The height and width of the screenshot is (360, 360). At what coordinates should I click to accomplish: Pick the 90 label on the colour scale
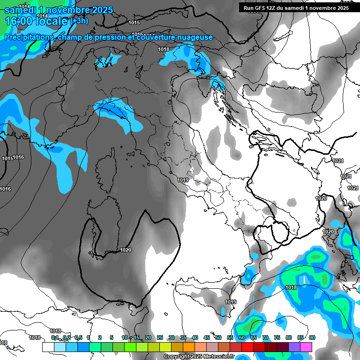point(312,337)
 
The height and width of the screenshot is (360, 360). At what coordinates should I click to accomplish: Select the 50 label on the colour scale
point(218,337)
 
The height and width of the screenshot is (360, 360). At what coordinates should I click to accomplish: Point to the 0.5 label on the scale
point(78,337)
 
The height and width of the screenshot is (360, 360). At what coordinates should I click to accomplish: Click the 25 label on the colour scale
point(160,337)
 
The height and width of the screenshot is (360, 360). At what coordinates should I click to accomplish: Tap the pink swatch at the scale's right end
point(306,347)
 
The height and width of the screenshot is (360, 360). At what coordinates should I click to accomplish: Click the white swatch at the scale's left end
point(48,347)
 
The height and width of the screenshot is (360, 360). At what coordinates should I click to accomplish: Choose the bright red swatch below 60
point(247,347)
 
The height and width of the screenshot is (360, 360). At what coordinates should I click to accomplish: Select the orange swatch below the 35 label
point(189,347)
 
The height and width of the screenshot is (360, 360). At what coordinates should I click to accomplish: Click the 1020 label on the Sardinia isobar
point(126,250)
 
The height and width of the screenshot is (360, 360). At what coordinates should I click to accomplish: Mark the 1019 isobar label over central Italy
point(183,180)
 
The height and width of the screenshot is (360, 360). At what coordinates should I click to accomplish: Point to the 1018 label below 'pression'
point(164,49)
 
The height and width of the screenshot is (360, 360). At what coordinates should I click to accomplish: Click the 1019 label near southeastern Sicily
point(230,302)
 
